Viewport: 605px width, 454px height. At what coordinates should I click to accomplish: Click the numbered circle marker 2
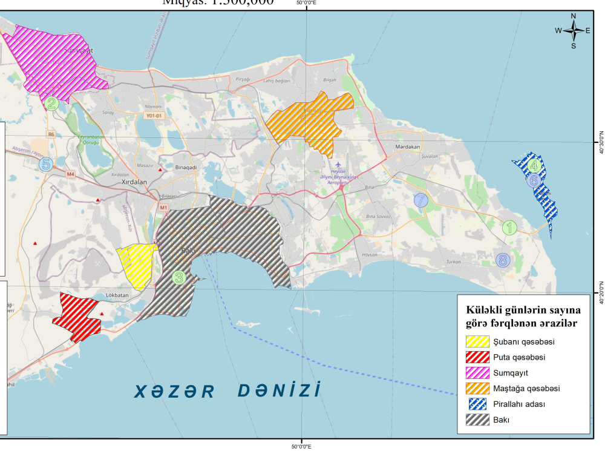click(52, 104)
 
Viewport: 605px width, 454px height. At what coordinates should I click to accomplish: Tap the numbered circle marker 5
click(45, 163)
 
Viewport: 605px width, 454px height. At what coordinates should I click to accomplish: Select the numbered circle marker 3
click(178, 278)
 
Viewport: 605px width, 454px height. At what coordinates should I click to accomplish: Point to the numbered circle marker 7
click(421, 199)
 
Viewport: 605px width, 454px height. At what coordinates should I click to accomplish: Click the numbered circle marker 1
click(509, 228)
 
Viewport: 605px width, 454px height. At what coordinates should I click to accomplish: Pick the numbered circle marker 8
click(503, 260)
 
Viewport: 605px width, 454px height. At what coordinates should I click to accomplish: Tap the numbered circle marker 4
click(533, 165)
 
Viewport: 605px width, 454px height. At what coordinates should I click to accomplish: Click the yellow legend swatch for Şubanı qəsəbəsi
click(477, 341)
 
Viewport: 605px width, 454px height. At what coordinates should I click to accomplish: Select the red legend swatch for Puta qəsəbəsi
click(477, 357)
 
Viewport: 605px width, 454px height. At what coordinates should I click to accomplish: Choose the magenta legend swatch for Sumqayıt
click(477, 372)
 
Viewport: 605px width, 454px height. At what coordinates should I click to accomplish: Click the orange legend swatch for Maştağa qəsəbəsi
click(477, 388)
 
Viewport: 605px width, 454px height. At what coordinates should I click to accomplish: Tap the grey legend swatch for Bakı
click(477, 419)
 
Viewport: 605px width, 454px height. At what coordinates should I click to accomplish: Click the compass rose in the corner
click(573, 30)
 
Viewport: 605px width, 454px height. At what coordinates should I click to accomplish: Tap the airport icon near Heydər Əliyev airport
click(338, 164)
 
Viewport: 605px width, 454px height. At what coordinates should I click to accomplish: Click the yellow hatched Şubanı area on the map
click(138, 265)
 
